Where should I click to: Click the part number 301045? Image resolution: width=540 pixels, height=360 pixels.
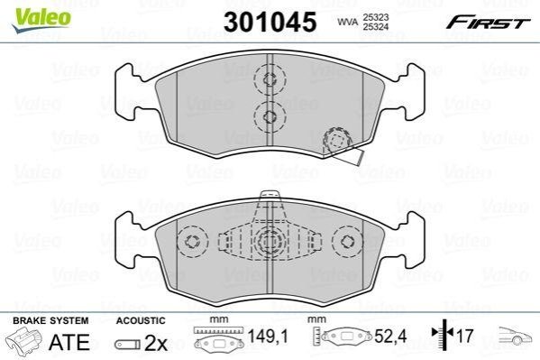coord(270,22)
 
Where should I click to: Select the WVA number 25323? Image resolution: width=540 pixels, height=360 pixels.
coord(375,17)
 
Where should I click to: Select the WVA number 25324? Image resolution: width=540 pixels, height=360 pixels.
coord(375,26)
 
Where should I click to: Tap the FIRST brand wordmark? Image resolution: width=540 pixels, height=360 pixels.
coord(488,23)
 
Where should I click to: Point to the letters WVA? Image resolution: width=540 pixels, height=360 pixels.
coord(347,22)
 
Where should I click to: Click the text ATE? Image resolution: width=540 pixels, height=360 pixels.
coord(69,342)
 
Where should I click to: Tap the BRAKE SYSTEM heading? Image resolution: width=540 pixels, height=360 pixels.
coord(50,320)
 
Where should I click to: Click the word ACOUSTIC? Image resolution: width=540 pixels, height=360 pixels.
coord(141,320)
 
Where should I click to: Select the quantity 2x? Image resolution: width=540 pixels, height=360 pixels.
coord(156,343)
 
